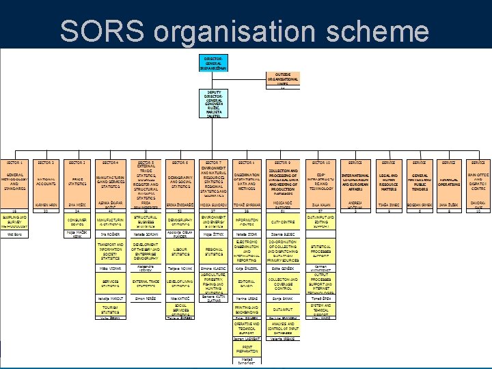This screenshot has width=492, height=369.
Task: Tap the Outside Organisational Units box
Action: tap(282, 80)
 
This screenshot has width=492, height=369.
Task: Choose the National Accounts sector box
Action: tap(46, 181)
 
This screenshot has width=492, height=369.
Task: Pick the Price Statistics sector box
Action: tap(78, 181)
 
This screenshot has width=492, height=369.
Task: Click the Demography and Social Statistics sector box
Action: tap(180, 181)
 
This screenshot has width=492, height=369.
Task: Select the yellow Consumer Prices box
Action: tap(78, 222)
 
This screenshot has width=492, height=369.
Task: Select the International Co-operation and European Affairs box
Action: tap(355, 181)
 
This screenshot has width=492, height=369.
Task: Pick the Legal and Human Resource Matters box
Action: tap(388, 181)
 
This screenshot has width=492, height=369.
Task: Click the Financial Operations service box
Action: tap(449, 181)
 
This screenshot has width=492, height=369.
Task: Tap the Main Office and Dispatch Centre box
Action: tap(478, 181)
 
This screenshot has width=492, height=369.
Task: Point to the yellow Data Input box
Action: tap(283, 310)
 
